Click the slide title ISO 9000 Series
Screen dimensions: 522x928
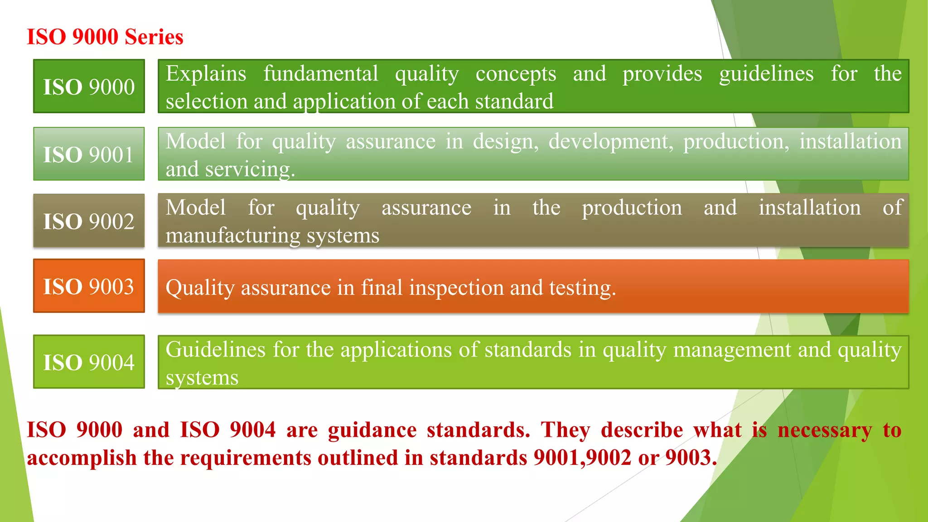point(105,37)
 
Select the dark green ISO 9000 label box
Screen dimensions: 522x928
point(89,86)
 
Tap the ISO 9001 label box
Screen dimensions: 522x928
point(89,154)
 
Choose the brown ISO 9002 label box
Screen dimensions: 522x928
point(89,221)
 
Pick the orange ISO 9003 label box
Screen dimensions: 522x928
point(89,286)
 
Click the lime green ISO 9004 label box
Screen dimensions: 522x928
point(89,362)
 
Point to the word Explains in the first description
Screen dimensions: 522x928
point(206,74)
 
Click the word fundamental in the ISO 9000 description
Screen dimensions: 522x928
point(321,74)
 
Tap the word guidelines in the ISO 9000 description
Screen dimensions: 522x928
point(766,74)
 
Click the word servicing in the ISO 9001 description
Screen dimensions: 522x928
point(250,169)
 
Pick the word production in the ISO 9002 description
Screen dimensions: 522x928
point(632,208)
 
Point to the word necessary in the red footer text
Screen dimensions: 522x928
point(824,430)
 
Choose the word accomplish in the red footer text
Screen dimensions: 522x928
point(82,458)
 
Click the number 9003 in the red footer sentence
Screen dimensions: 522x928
point(691,458)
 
